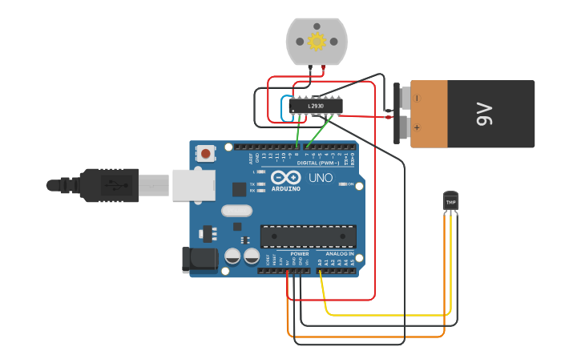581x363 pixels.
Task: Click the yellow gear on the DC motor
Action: (317, 41)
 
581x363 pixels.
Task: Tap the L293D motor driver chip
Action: (316, 106)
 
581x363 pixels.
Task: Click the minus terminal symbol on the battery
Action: (415, 99)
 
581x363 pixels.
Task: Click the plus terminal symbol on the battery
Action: (415, 127)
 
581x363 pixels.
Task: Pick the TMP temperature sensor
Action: (450, 202)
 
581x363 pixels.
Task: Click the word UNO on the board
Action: (321, 178)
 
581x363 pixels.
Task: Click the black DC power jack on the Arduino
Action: (200, 259)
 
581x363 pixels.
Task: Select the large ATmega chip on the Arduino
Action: (308, 236)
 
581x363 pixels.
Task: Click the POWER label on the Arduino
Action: (300, 254)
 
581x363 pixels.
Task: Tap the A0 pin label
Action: (320, 262)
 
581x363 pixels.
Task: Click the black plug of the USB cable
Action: (108, 185)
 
